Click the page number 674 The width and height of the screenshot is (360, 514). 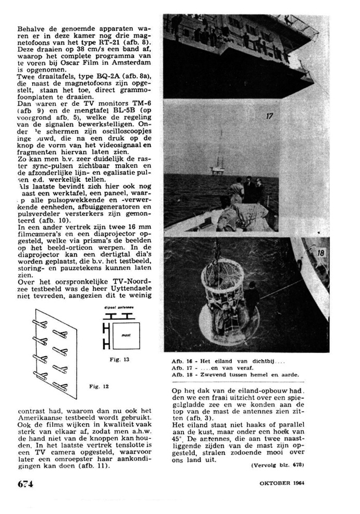coord(25,483)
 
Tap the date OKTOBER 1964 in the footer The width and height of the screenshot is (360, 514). coord(281,483)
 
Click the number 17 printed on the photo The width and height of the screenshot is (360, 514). coord(269,116)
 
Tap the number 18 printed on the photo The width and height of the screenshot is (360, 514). coord(320,253)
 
